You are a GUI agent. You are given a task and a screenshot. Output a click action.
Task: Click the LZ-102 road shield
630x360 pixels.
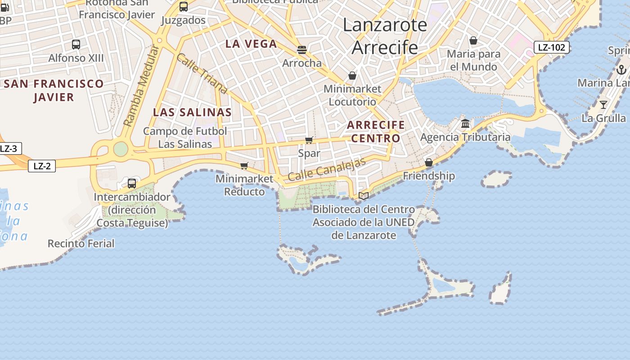[552, 47]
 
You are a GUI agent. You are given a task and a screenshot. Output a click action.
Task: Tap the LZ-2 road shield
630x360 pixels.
[42, 166]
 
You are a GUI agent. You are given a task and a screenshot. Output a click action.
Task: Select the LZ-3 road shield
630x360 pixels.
[8, 148]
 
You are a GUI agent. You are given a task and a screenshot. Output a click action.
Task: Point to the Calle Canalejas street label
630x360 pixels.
[327, 170]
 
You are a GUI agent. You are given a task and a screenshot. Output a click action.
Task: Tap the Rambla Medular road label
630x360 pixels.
[141, 85]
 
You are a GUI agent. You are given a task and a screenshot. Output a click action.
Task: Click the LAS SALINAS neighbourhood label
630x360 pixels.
[193, 112]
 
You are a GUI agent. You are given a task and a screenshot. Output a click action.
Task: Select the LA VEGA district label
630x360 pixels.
[251, 44]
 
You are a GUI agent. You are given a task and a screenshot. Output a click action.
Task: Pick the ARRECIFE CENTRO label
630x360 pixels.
[376, 131]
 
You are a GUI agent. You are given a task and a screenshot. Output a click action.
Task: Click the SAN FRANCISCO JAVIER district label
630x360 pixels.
[54, 90]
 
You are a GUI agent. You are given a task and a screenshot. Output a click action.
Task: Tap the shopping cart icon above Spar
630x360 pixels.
[309, 140]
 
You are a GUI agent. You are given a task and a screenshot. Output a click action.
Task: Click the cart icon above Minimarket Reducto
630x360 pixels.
[244, 166]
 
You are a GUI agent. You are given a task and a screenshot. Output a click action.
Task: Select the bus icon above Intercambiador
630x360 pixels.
[132, 183]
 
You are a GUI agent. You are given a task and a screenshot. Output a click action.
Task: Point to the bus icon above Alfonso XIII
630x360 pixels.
[76, 45]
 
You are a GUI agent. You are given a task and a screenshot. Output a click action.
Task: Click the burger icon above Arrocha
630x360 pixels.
[302, 49]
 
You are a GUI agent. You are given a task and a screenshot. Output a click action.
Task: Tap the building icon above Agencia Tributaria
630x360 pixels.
[465, 124]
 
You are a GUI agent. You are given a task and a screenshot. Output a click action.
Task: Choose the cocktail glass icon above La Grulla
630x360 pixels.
[603, 105]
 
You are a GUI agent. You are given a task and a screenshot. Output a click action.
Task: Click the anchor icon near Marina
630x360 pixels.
[621, 69]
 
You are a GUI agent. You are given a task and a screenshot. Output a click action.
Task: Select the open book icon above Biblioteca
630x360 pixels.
[364, 196]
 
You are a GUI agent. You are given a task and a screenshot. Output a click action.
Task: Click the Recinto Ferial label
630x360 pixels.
[81, 243]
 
